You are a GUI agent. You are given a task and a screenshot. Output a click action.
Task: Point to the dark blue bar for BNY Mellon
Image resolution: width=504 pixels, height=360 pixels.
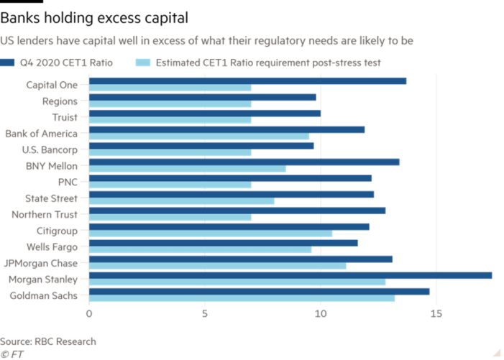(244, 162)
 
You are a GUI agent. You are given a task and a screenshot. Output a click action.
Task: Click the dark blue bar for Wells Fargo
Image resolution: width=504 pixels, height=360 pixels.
(224, 243)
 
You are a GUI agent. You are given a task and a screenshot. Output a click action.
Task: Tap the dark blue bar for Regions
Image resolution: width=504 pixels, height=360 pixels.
(202, 97)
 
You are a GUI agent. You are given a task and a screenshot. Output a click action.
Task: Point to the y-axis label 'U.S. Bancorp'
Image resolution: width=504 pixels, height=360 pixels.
(44, 149)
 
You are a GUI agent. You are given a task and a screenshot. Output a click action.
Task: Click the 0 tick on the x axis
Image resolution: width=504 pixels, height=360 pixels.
(90, 313)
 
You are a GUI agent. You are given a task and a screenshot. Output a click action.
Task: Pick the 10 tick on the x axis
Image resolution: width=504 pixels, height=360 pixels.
(321, 313)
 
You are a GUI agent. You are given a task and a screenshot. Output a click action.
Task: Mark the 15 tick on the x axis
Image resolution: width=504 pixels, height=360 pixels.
(436, 313)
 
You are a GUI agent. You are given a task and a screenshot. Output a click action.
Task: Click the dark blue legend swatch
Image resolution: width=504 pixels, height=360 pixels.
(7, 63)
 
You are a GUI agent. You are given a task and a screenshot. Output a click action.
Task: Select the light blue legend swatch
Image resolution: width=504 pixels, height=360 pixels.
(142, 63)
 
